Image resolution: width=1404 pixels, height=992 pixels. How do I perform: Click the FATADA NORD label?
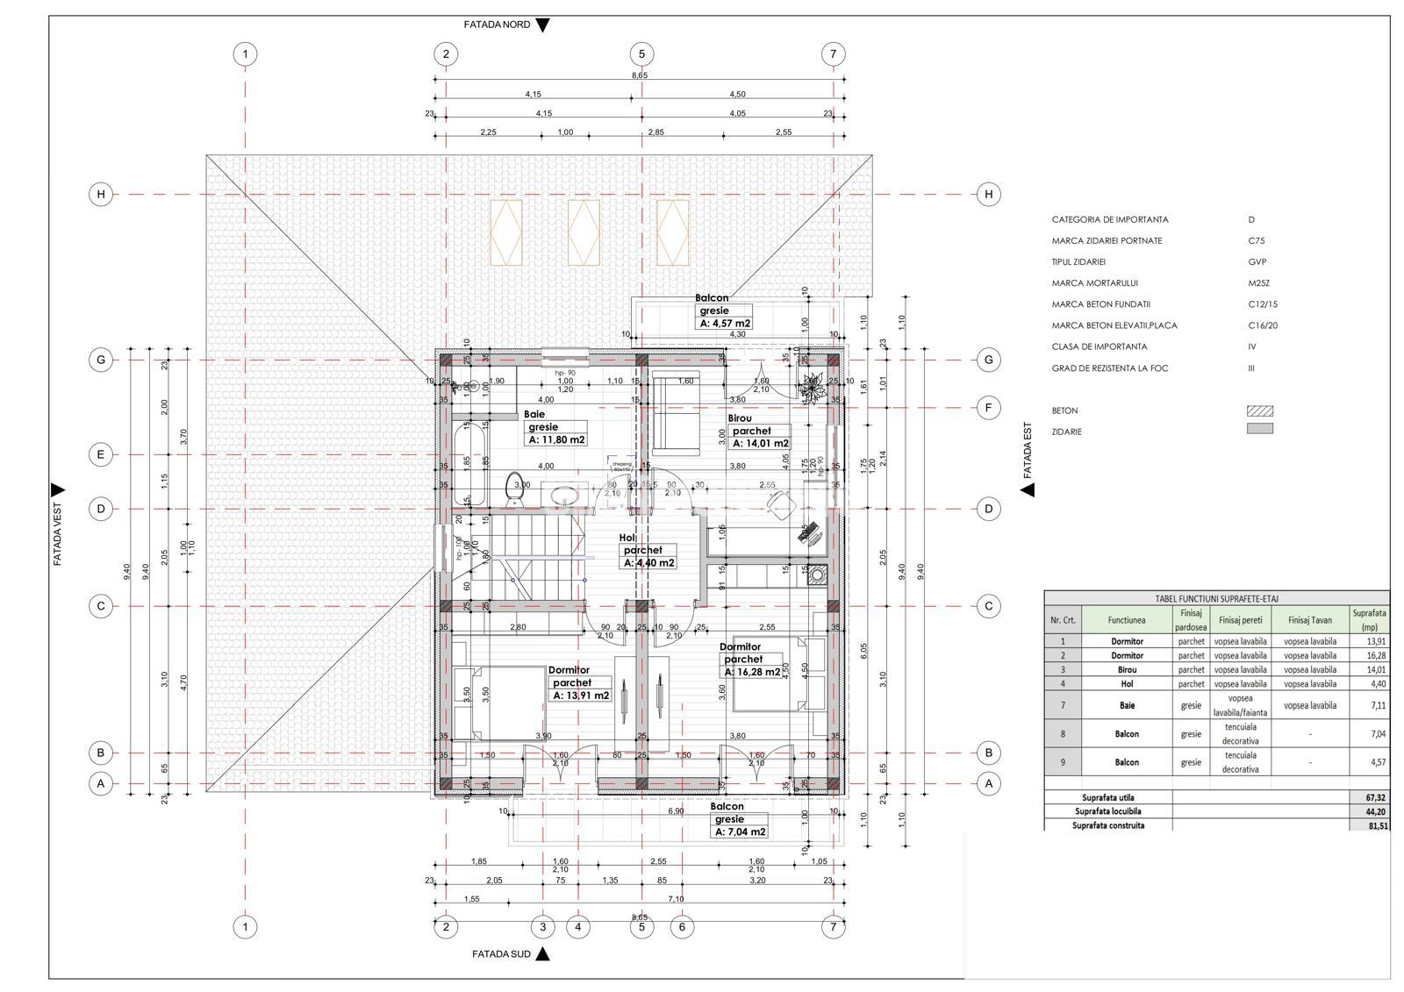tap(497, 25)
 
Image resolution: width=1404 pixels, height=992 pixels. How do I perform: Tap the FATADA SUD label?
tap(501, 954)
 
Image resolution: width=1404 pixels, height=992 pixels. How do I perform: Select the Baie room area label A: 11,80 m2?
tap(556, 440)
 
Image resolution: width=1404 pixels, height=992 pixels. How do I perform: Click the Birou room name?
tap(739, 418)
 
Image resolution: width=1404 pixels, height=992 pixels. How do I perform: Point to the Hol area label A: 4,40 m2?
tap(649, 563)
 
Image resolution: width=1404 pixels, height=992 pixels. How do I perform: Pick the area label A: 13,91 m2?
tap(581, 696)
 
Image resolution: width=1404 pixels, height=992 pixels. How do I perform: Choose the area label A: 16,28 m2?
tap(752, 672)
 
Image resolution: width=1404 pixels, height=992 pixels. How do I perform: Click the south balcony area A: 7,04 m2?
tap(741, 832)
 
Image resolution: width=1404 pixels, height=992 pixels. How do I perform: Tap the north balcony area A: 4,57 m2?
tap(725, 324)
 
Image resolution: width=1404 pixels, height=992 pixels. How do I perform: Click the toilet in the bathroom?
tap(515, 490)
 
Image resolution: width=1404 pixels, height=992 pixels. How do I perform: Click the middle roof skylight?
tap(584, 232)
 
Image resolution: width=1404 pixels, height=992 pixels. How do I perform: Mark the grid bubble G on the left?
tap(101, 360)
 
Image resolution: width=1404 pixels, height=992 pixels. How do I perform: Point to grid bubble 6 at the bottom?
tap(682, 926)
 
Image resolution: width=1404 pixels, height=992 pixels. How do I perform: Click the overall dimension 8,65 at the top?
tap(640, 75)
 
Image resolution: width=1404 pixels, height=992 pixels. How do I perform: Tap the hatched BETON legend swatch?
tap(1259, 410)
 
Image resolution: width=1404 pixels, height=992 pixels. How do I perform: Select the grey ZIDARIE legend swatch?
tap(1259, 429)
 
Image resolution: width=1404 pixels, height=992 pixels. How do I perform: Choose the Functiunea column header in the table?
tap(1126, 620)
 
